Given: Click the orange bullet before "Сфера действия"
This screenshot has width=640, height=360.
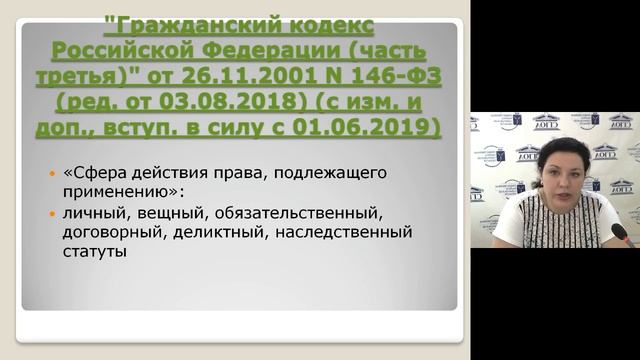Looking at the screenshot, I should [x=55, y=173].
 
